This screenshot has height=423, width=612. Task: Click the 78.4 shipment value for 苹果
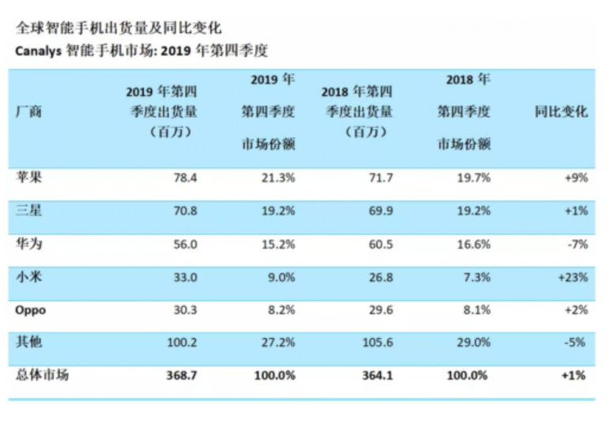tap(185, 178)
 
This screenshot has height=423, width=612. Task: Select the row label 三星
tap(28, 211)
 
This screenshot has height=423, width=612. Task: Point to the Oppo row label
tap(31, 311)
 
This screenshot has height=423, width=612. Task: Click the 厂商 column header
tap(28, 112)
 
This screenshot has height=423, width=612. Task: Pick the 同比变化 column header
tap(561, 112)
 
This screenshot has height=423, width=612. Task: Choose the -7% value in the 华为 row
tap(578, 244)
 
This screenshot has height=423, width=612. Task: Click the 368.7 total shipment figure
tap(182, 376)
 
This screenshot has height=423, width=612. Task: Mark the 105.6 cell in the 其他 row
tap(377, 342)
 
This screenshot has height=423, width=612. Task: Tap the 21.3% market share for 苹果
tap(278, 178)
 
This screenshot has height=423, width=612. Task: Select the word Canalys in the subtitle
tap(38, 51)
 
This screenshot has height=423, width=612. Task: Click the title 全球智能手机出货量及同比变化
tap(119, 28)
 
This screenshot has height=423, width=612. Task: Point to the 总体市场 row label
tap(42, 375)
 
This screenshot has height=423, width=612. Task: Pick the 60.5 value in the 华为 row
tap(380, 244)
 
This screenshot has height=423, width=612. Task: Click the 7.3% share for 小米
tap(477, 278)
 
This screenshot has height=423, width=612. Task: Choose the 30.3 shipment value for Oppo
tap(185, 310)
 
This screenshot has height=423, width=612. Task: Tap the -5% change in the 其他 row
tap(575, 342)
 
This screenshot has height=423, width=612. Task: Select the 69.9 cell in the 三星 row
tap(380, 211)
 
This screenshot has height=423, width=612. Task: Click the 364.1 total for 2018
tap(377, 376)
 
